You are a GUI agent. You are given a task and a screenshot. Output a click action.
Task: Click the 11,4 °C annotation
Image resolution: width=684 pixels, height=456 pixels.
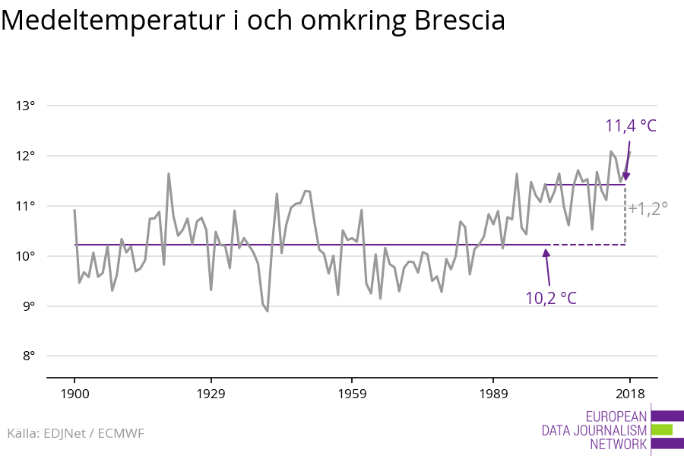pyautogui.click(x=630, y=126)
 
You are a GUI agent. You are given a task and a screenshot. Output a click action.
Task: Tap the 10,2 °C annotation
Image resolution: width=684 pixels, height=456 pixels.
pyautogui.click(x=551, y=297)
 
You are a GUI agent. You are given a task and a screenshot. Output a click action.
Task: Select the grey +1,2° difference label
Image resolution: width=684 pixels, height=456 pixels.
pyautogui.click(x=648, y=207)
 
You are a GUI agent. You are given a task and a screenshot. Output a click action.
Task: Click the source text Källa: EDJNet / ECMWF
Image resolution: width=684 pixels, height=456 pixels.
pyautogui.click(x=75, y=433)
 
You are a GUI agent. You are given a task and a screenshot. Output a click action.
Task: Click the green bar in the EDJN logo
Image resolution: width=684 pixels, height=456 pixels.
pyautogui.click(x=662, y=430)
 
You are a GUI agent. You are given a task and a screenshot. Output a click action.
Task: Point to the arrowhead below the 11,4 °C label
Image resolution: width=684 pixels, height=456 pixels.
pyautogui.click(x=626, y=177)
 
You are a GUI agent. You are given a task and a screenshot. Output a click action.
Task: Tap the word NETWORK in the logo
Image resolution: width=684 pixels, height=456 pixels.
pyautogui.click(x=618, y=445)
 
